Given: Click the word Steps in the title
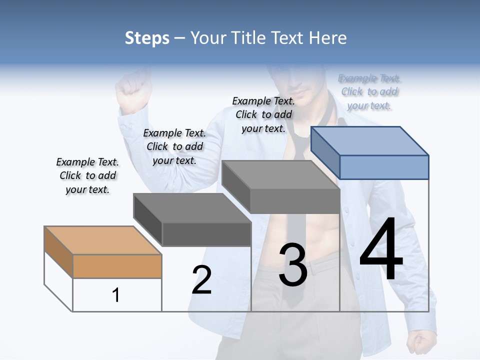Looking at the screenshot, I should coord(147,38).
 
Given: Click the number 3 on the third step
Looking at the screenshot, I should coord(293,265).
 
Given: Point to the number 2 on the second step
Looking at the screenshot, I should coord(201,280).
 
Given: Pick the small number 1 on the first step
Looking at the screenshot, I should coord(116,295).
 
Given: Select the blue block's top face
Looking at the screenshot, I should coord(370,140).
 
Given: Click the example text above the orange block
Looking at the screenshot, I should coord(87,175).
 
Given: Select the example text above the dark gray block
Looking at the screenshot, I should coord(174,146).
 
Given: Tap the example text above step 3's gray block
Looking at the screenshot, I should coord(263,114).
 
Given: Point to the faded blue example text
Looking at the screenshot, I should coord(369,91).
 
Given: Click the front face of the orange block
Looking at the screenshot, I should coord(117,266).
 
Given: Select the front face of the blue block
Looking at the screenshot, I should coord(384,167).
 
